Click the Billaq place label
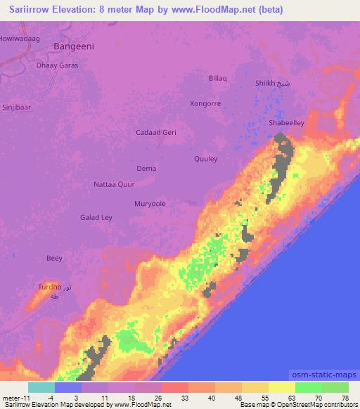point(218,79)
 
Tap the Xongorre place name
point(205,103)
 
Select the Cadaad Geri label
point(155,132)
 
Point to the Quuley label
point(206,158)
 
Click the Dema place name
point(146,169)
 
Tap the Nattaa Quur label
point(114,185)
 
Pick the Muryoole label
point(150,204)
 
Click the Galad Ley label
point(96,218)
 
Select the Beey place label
point(54,258)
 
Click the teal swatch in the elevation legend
point(41,387)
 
